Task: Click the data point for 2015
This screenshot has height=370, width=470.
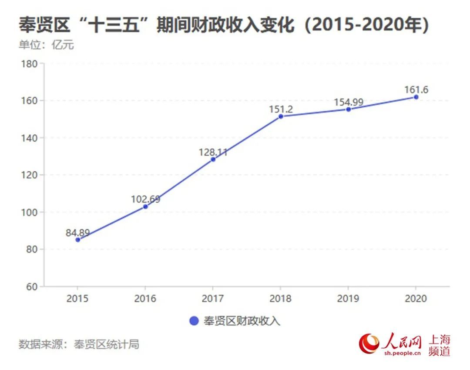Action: [78, 240]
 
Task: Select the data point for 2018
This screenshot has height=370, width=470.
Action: [281, 117]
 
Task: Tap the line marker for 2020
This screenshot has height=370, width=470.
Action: [416, 97]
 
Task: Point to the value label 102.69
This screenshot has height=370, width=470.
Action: [145, 200]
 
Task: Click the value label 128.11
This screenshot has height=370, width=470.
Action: [213, 152]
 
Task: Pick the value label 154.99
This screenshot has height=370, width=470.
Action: [348, 103]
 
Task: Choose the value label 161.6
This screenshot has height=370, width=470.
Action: [416, 90]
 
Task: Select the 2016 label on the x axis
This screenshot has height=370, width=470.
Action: [145, 299]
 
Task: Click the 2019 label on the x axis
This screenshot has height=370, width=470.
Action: [348, 299]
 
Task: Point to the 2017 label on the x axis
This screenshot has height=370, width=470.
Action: [213, 299]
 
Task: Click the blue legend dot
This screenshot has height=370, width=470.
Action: [194, 321]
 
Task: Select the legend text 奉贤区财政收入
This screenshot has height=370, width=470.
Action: [242, 321]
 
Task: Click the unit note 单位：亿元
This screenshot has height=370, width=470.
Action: [46, 45]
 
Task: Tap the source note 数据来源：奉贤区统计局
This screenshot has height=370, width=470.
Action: [79, 345]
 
